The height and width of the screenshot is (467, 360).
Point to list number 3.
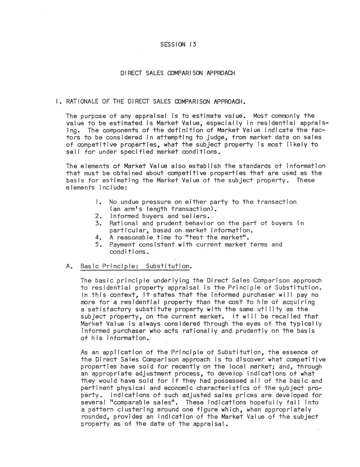click(x=98, y=223)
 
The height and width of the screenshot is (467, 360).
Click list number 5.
click(x=98, y=245)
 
